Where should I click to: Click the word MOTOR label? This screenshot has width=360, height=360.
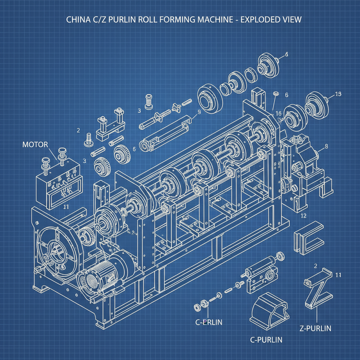coord(35,144)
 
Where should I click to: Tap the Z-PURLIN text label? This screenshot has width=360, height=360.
coord(315,328)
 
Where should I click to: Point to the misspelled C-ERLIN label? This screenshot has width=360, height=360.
coord(208,322)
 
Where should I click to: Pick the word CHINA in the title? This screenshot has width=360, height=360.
coord(78,19)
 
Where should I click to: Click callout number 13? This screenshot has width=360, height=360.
coord(338,94)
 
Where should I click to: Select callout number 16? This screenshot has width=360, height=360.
coord(278,113)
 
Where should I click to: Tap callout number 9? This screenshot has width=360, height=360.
coord(199,112)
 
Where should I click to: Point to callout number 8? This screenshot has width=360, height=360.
coord(326,146)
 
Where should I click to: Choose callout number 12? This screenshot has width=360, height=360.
coord(304,216)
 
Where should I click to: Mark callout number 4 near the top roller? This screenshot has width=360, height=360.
coord(286,54)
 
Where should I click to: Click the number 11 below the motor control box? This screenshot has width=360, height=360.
coord(65,207)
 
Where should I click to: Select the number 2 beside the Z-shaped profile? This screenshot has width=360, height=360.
coord(315,265)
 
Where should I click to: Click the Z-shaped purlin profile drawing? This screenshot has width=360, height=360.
coord(318,287)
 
